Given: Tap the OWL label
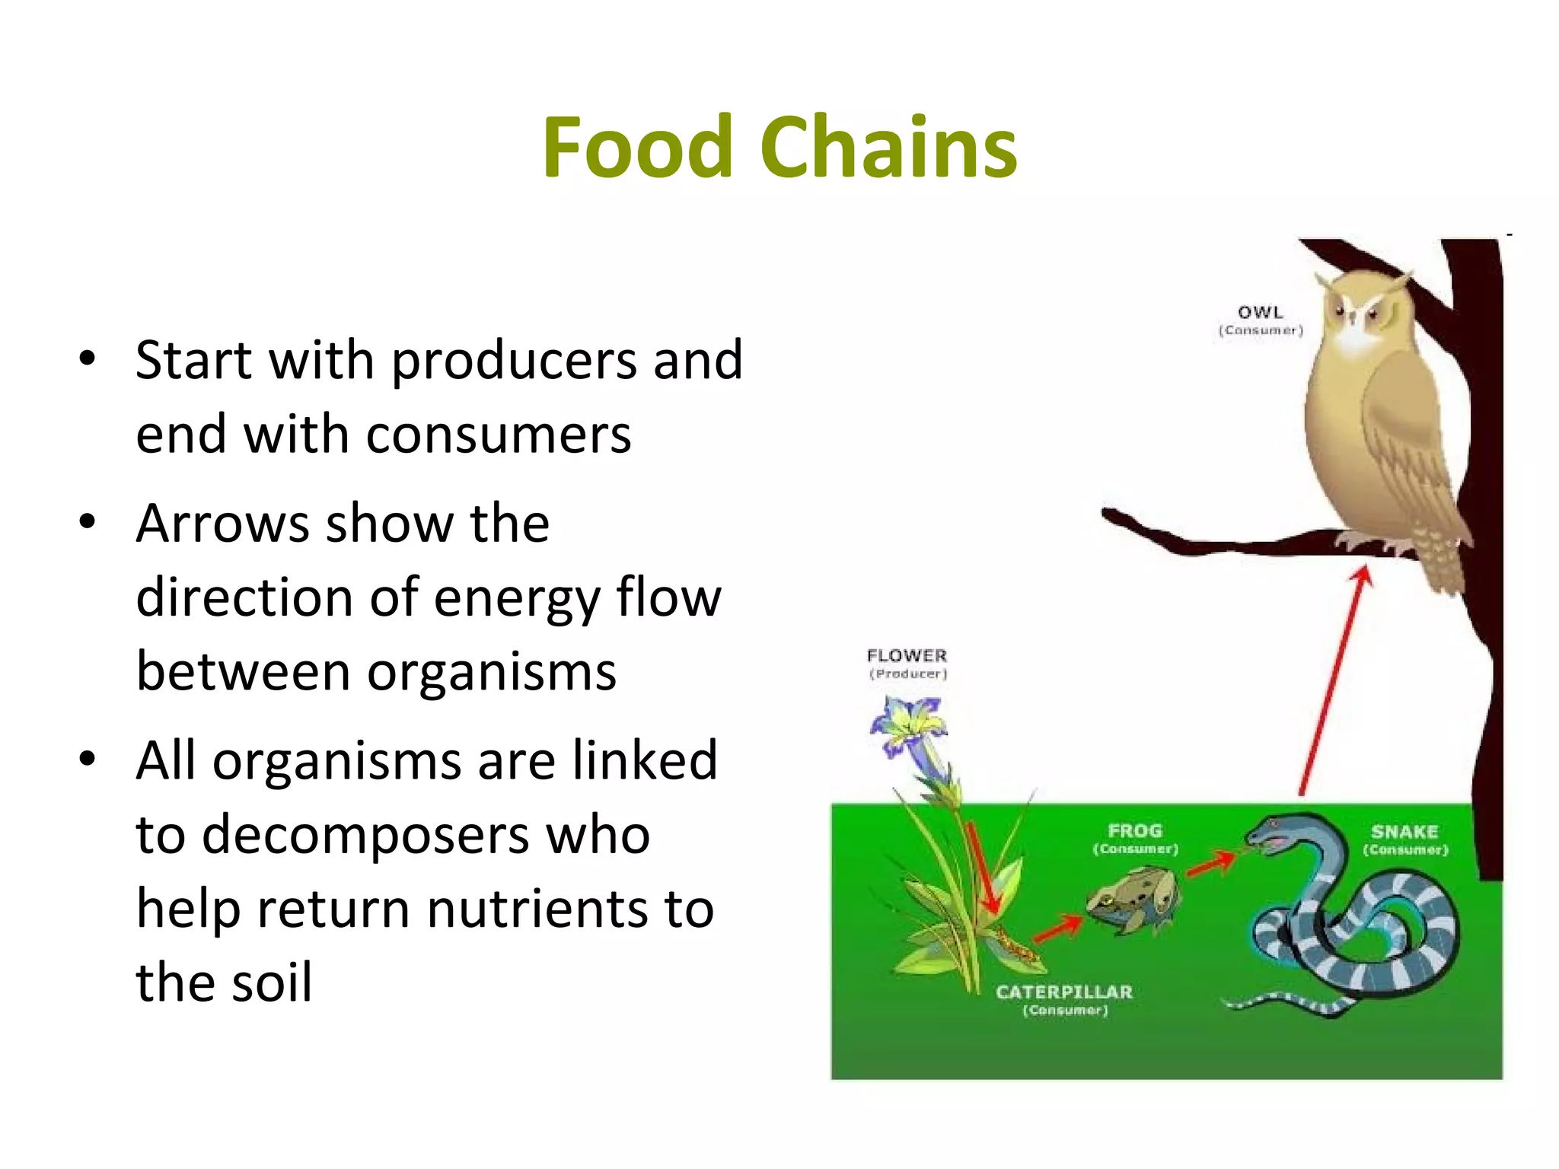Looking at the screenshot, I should [1261, 313].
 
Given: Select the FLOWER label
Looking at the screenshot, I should [907, 655].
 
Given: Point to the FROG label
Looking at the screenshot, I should [1135, 831].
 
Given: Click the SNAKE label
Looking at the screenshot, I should [1404, 832].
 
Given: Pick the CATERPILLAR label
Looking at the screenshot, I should [1064, 992].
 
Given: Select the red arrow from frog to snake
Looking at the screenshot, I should [1211, 865].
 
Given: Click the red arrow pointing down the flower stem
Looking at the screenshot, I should [980, 868].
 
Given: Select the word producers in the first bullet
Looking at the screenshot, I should [514, 361].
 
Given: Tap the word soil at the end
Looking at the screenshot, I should [272, 983].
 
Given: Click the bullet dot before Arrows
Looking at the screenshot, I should [88, 522].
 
